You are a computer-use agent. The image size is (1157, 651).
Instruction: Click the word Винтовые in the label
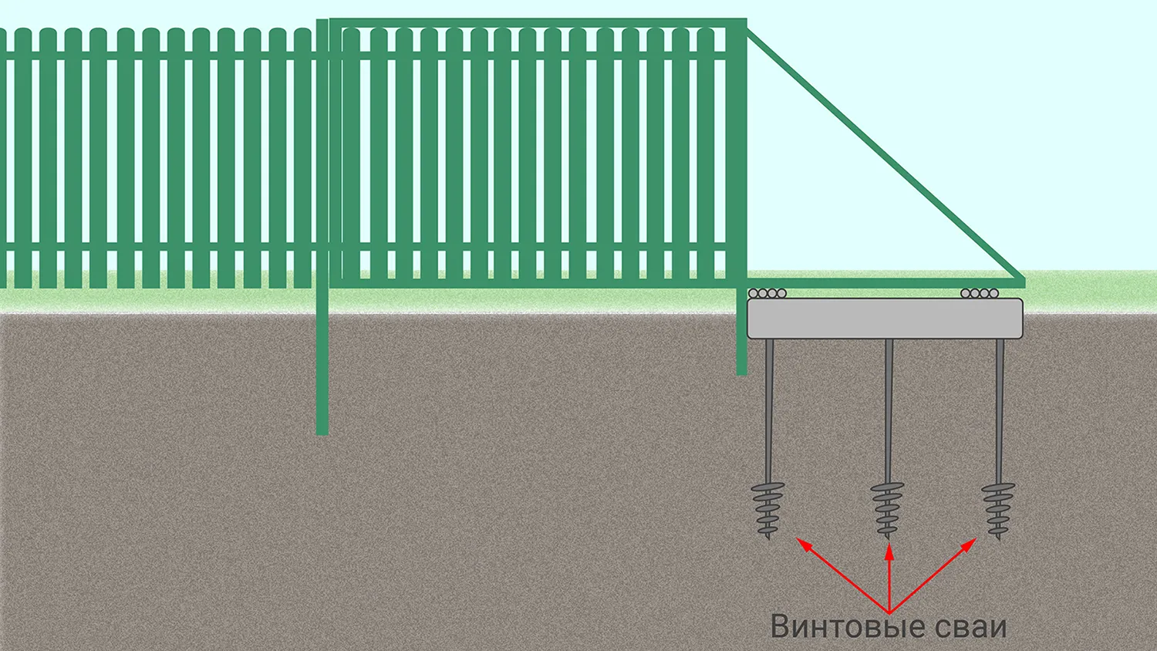pos(848,626)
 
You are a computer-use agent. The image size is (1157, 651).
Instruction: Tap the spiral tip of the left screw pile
pos(768,510)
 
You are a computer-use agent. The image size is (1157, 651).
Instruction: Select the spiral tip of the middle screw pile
pos(888,509)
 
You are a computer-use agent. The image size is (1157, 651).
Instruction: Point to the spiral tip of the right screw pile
pos(998,510)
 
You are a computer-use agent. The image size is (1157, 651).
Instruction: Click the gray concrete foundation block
pos(885,319)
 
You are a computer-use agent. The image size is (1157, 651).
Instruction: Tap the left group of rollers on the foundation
pos(767,293)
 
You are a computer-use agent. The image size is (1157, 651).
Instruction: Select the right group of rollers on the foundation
pos(980,293)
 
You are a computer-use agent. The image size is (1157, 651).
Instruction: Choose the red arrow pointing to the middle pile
pos(889,578)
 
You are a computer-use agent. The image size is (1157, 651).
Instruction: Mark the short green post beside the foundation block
pos(741,339)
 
